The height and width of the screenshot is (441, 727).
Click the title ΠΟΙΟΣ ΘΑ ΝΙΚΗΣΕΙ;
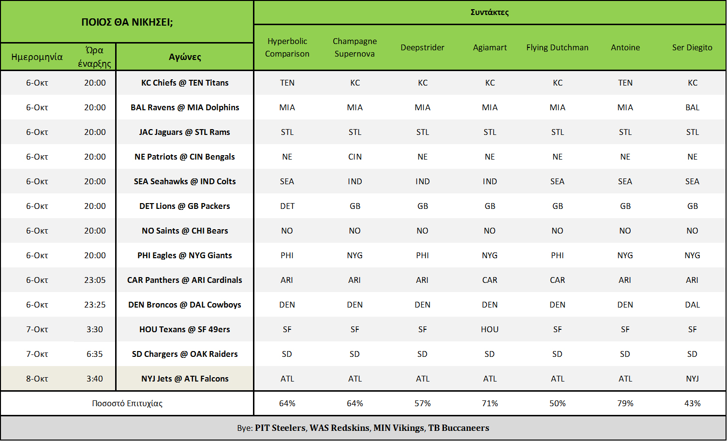pos(127,22)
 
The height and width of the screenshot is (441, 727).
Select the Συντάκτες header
pos(490,13)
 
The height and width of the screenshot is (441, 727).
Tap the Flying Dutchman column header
pos(557,47)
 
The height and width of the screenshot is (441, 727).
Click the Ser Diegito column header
pos(692,47)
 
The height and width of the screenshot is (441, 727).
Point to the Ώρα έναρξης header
pos(94,57)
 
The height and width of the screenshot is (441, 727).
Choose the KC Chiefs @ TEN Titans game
pos(185,83)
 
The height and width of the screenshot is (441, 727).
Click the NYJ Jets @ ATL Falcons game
pos(185,379)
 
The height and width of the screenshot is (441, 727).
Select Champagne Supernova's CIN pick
pos(355,157)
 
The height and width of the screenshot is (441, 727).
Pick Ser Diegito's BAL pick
pos(692,107)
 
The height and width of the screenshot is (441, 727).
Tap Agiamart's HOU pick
pos(490,329)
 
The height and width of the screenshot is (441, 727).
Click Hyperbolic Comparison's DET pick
pos(287,206)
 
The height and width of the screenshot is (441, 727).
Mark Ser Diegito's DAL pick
pos(692,305)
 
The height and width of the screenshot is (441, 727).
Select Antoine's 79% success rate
pos(625,403)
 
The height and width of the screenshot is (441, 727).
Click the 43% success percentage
pos(692,403)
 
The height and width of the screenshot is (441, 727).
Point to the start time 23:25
pos(95,305)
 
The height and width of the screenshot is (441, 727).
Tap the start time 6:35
pos(94,354)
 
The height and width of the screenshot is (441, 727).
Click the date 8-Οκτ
pos(37,379)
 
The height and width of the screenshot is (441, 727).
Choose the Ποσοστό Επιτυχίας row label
pos(127,403)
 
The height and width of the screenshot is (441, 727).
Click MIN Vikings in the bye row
pos(399,428)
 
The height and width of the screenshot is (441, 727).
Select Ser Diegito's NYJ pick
pos(692,379)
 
